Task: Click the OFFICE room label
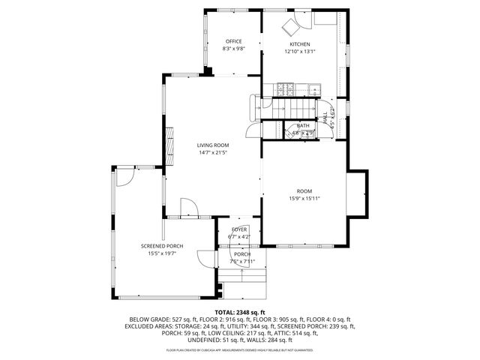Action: pos(233,41)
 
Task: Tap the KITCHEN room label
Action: pos(299,44)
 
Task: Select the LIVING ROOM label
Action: pos(213,145)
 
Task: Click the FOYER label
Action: pos(239,229)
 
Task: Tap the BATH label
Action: pos(303,126)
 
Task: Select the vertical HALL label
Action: pos(326,116)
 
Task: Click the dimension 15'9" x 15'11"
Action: pos(304,199)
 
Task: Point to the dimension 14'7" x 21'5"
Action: pos(213,152)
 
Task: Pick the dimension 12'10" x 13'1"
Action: pos(299,52)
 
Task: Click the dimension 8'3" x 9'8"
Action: pos(233,49)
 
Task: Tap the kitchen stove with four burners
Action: pos(285,88)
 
